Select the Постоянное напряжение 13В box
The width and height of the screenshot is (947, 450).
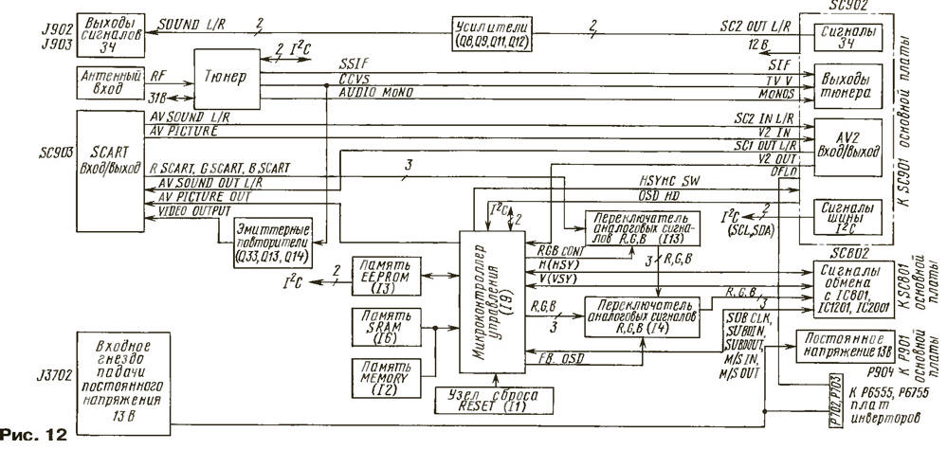[844, 344]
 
